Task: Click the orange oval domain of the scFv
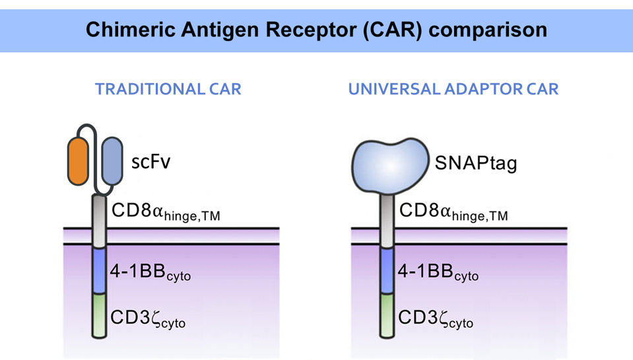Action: tap(78, 161)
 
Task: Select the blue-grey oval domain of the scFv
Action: tap(112, 161)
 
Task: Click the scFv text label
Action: tap(151, 161)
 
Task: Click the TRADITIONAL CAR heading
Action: tap(168, 89)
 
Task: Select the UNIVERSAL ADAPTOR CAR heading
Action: tap(453, 89)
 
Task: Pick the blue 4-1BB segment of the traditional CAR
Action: tap(99, 270)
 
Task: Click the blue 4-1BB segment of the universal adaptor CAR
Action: tap(387, 270)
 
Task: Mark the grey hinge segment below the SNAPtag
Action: tap(387, 218)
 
